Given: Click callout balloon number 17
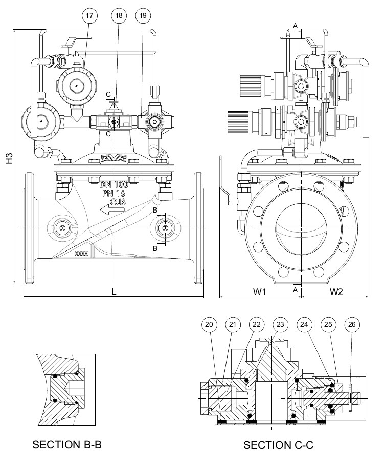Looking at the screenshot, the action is coord(89,15).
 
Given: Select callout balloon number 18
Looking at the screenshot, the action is coord(119,15).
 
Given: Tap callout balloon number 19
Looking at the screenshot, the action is coord(143,15).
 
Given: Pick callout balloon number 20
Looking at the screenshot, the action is coord(209,325).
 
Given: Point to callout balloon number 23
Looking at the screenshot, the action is coord(280,325).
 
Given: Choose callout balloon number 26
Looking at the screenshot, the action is coord(352,325).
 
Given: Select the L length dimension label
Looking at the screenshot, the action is coord(114,291).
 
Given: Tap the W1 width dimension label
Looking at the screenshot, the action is coord(259,291).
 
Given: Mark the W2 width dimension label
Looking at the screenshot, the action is coord(336,291).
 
